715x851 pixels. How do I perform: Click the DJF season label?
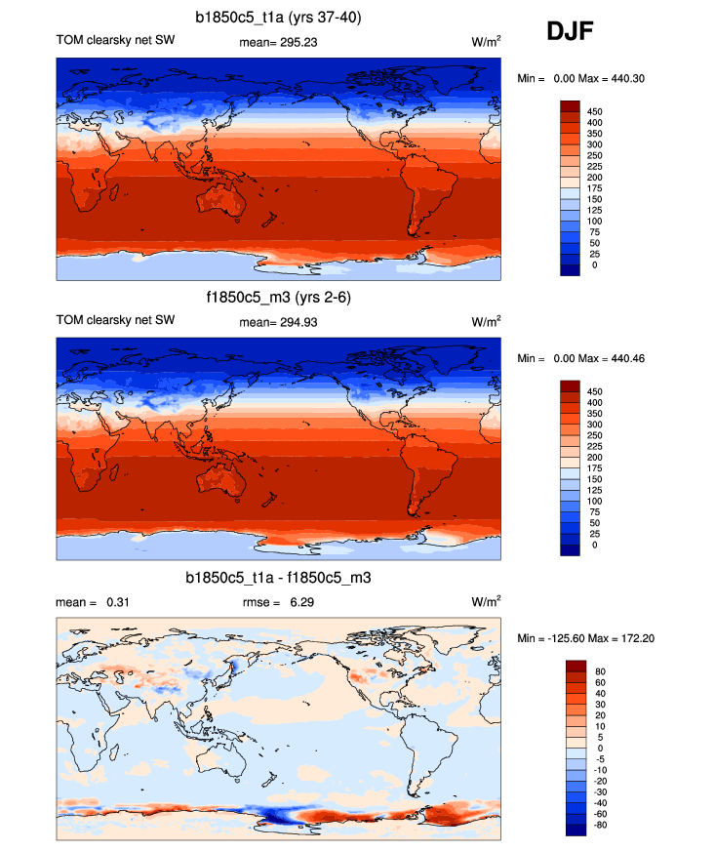[x=571, y=34]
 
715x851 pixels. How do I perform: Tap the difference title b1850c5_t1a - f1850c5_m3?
[x=278, y=579]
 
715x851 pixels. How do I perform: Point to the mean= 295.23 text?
[x=278, y=43]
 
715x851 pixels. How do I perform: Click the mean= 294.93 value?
[x=278, y=323]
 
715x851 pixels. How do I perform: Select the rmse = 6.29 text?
[x=278, y=603]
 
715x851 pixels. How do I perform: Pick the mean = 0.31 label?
[x=94, y=603]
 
